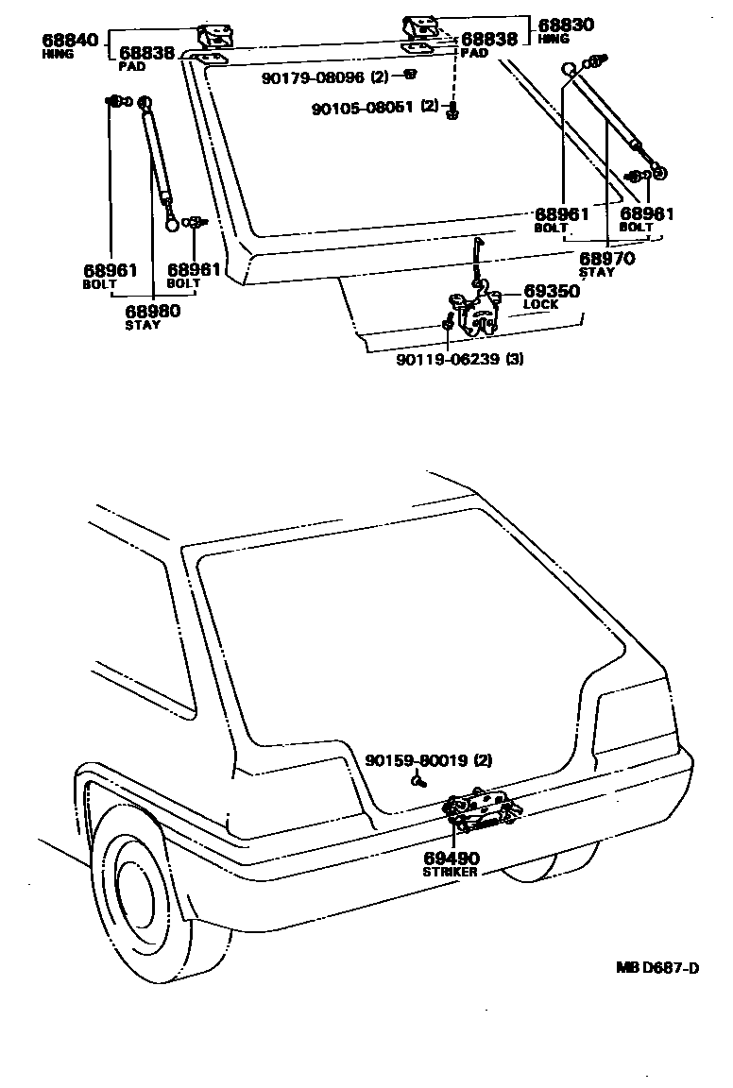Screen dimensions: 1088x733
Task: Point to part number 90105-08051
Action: (363, 108)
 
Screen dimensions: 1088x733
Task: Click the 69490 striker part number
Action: (452, 858)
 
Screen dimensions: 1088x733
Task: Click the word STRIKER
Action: (450, 872)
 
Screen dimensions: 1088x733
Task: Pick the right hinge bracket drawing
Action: (418, 29)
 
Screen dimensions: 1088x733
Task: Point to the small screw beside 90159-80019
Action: (418, 781)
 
